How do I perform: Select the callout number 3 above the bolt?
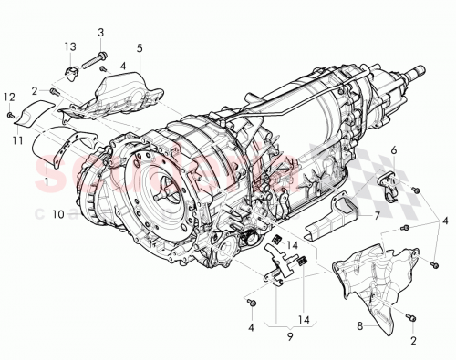[100, 32]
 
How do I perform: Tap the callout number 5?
[140, 46]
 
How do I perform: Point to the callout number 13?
[69, 46]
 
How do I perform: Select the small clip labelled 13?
[71, 71]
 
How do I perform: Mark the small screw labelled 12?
[9, 116]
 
